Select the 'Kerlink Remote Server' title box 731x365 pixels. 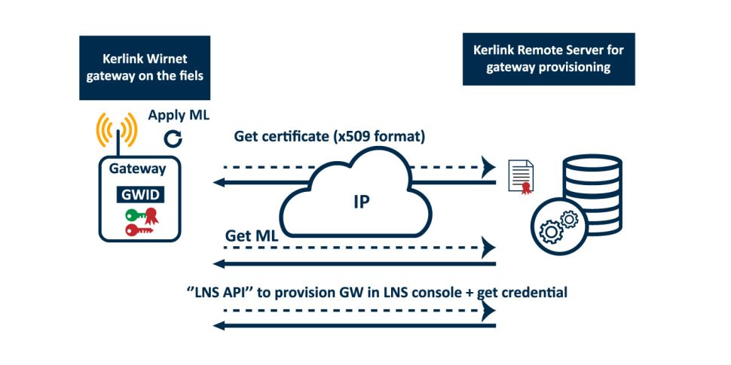[548, 59]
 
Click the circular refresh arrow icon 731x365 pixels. [173, 138]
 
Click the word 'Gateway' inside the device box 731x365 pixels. [137, 169]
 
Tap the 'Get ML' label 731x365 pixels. [251, 235]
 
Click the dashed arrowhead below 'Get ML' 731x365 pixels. [490, 246]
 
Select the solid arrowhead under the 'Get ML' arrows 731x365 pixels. [220, 263]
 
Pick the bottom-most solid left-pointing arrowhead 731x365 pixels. [220, 324]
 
